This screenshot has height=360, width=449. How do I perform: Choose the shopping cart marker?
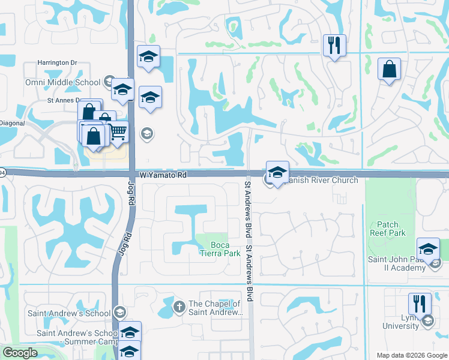click(118, 130)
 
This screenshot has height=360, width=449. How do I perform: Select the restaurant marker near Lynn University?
click(419, 304)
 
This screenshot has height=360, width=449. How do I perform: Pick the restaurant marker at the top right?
click(334, 45)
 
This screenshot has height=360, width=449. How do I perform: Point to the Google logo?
click(20, 353)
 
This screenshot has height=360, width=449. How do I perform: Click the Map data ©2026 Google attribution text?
click(412, 355)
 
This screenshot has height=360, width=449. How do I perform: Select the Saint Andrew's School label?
click(69, 313)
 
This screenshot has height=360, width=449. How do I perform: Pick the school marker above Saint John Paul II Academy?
click(429, 248)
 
